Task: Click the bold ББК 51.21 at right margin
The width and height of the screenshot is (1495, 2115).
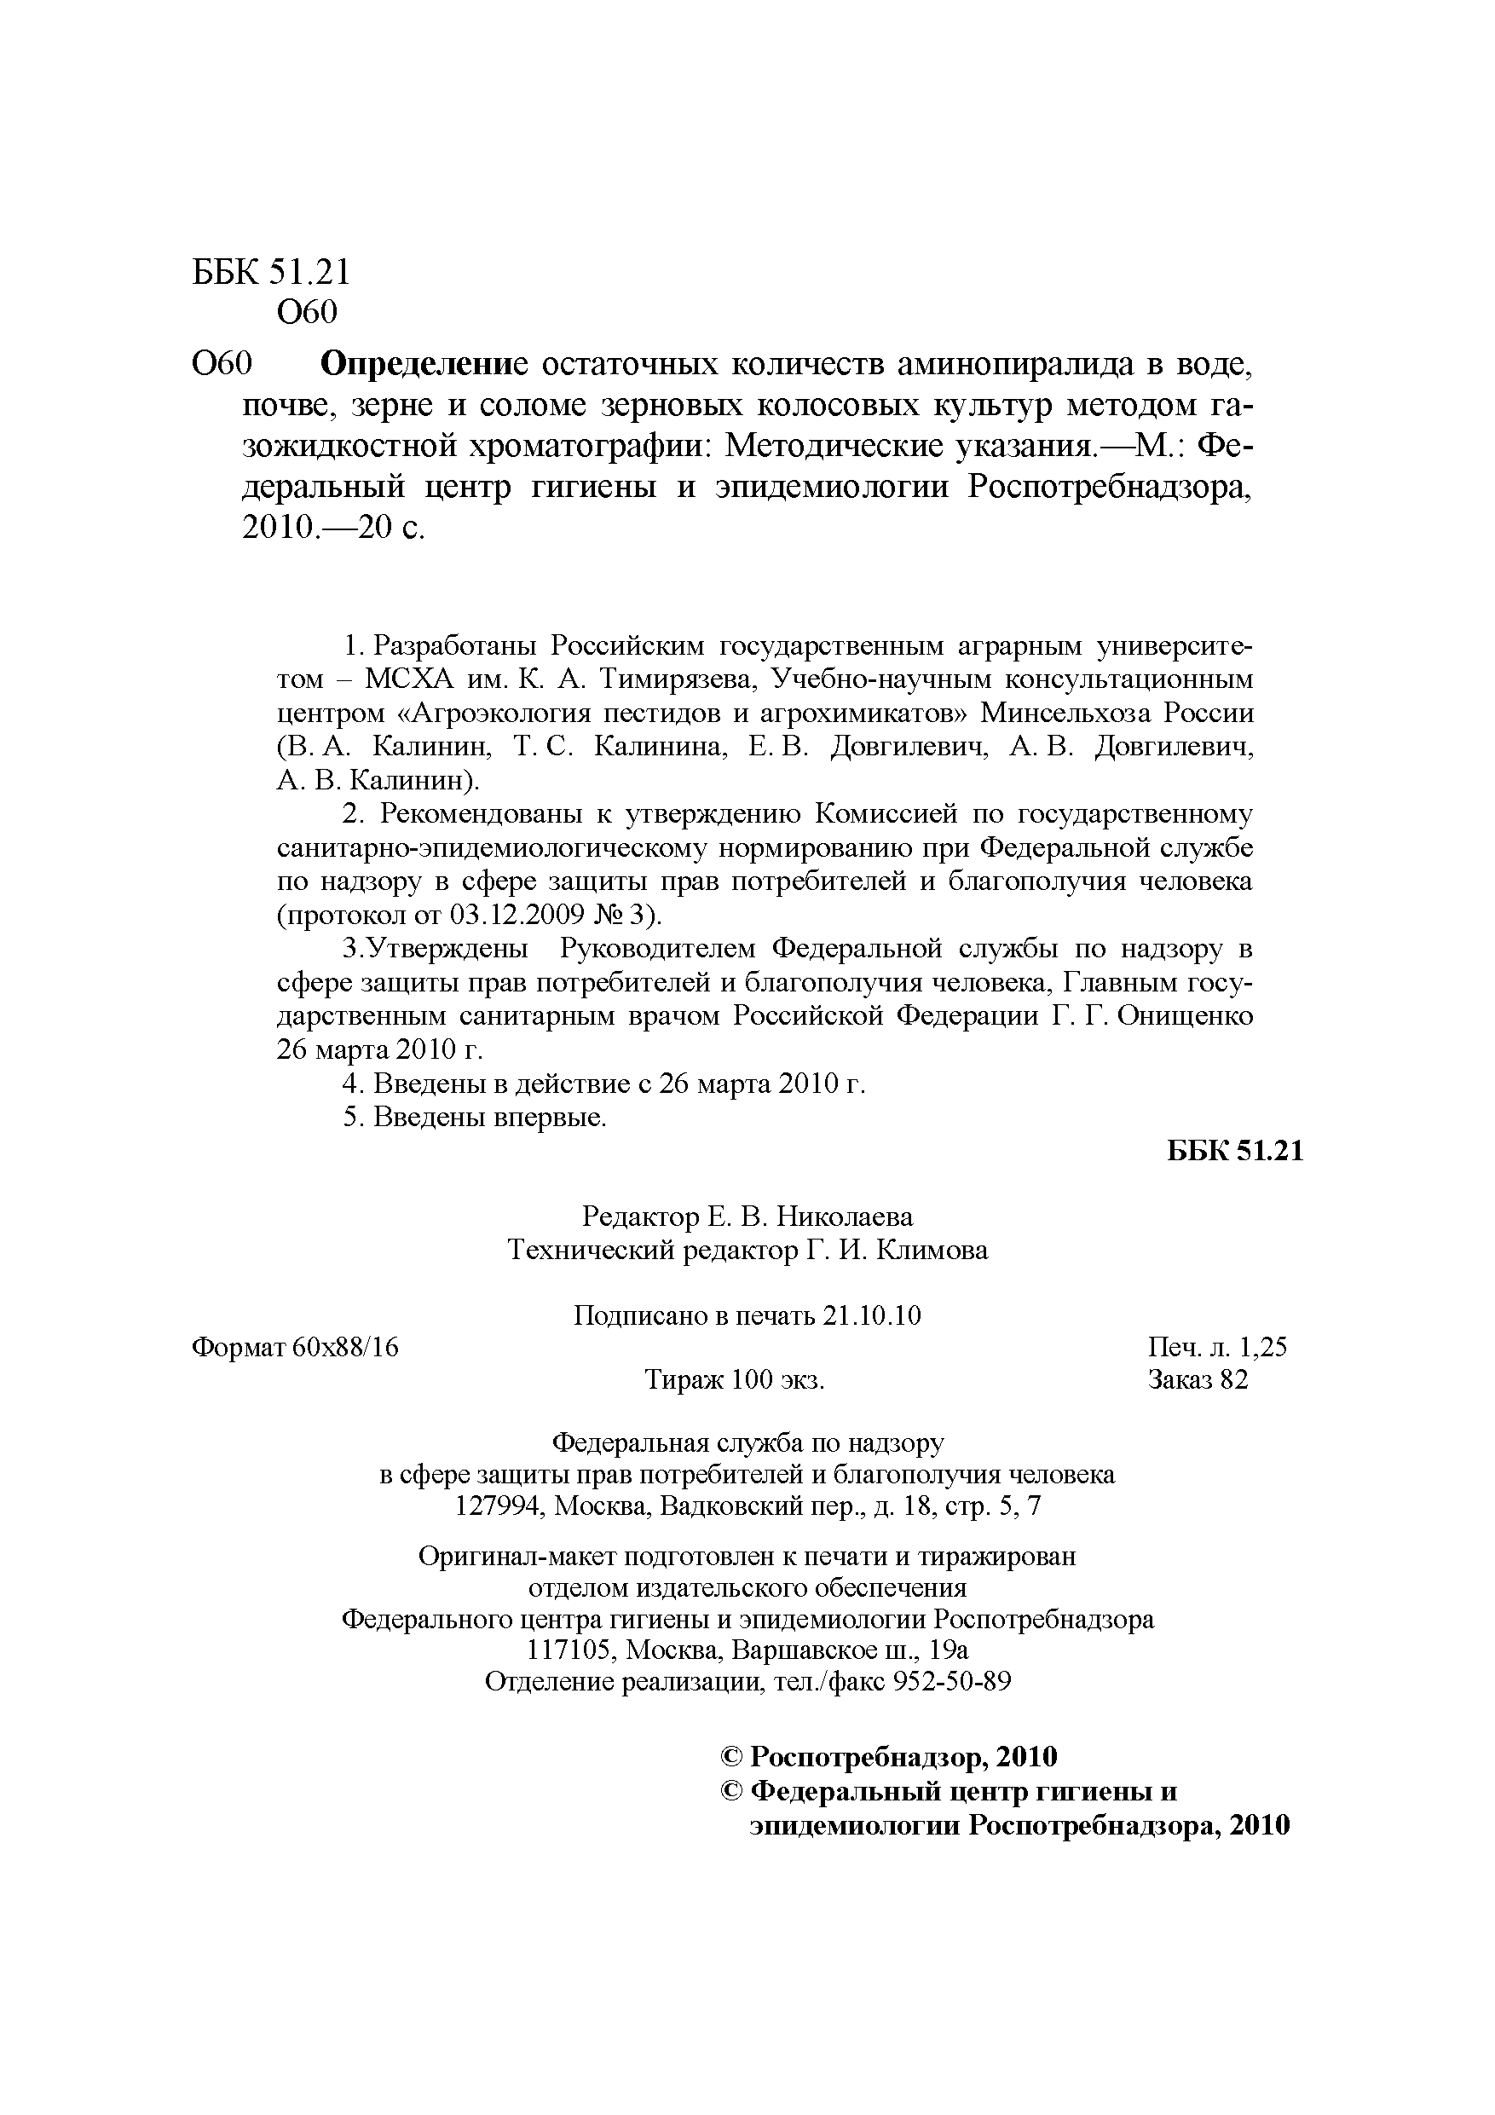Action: click(1235, 1152)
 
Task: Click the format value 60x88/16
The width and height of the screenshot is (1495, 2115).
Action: click(345, 1348)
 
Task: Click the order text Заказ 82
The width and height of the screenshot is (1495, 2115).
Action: click(1198, 1380)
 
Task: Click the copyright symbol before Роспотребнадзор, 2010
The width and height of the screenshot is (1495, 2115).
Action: click(731, 1757)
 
